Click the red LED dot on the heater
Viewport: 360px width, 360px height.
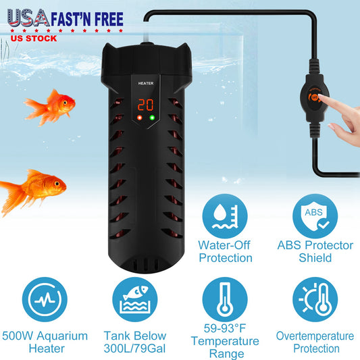click(139, 118)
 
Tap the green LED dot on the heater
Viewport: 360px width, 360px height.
click(152, 118)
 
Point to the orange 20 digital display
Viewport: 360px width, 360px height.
click(145, 105)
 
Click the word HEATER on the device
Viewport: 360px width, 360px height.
click(146, 83)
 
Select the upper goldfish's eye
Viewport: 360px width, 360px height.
click(66, 103)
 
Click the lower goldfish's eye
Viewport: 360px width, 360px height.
click(57, 184)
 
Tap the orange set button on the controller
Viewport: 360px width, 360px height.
click(315, 97)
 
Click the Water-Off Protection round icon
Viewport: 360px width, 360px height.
click(225, 216)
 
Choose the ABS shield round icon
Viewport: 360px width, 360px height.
click(315, 216)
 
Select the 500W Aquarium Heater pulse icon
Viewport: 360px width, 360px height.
click(45, 299)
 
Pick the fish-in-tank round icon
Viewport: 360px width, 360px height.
click(135, 299)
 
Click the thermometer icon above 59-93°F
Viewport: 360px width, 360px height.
click(225, 299)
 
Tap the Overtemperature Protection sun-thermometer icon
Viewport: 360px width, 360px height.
click(315, 299)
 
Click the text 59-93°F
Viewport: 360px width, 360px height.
click(225, 328)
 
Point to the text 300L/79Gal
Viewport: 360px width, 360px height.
click(134, 349)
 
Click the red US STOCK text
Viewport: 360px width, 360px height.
click(34, 38)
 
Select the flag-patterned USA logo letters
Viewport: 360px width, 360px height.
click(28, 18)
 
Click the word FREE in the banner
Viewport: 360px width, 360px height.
click(109, 19)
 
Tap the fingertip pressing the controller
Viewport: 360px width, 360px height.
click(321, 97)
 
